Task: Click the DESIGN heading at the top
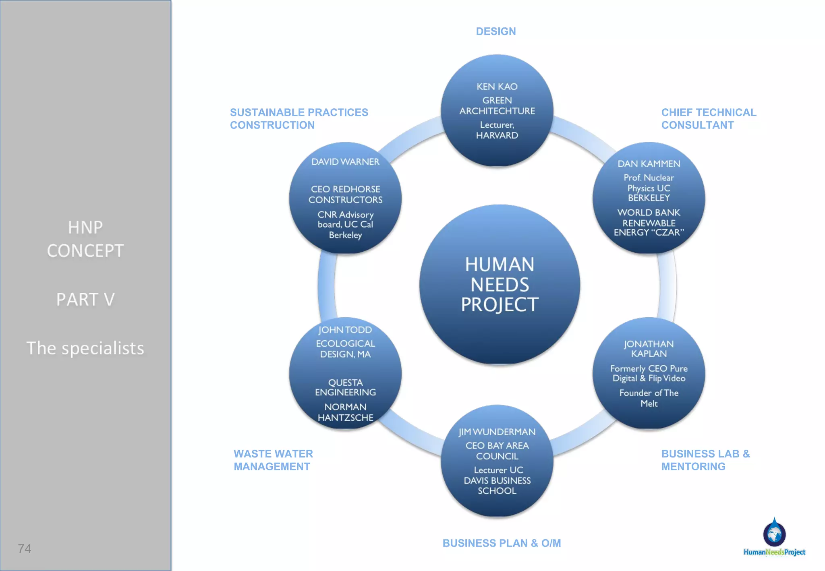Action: coord(495,31)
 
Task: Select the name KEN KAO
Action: coord(497,87)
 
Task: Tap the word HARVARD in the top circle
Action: coord(497,136)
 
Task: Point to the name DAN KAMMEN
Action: coord(649,164)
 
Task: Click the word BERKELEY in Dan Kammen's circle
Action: coord(649,198)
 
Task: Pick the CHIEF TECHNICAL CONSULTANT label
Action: coord(709,119)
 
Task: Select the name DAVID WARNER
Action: coord(345,162)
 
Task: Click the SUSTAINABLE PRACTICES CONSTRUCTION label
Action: coord(299,119)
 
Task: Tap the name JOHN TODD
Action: coord(345,330)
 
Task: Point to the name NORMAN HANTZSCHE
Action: coord(345,412)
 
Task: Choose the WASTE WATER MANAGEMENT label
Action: coord(273,460)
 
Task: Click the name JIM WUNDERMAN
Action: coord(497,432)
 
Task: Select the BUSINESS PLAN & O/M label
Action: coord(502,543)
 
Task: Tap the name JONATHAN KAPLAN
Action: coord(649,349)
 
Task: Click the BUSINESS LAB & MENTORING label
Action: coord(705,460)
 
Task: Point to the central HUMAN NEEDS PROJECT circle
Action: coord(500,284)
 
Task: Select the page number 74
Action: coord(25,548)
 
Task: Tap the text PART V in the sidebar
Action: coord(85,299)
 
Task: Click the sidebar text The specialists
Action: coord(85,348)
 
